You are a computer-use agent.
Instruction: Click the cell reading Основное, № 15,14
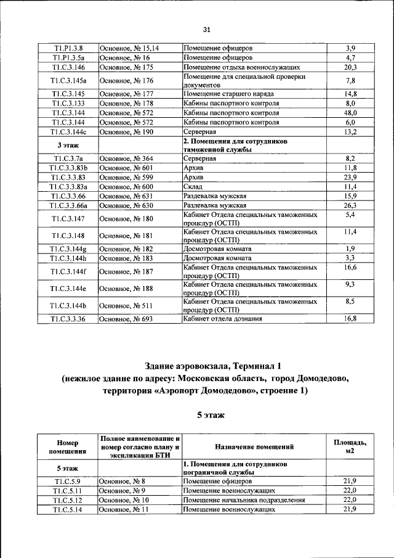[129, 47]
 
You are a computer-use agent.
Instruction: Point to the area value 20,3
[350, 67]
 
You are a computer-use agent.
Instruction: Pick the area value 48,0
[350, 113]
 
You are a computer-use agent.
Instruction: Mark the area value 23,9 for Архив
[350, 177]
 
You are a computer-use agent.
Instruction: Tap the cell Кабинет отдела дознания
[223, 319]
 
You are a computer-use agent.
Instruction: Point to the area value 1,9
[350, 248]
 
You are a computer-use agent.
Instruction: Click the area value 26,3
[350, 205]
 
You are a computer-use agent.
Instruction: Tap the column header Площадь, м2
[350, 446]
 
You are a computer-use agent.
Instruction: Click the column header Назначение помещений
[254, 446]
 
